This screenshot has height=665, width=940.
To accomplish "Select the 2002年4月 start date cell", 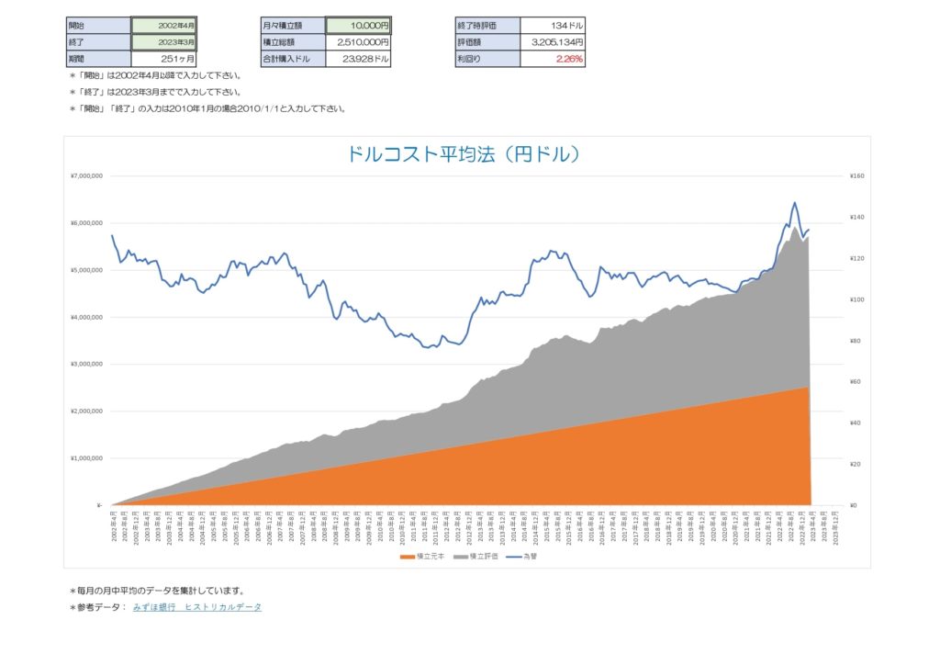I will click(163, 25).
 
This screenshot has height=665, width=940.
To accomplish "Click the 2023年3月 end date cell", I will click(163, 42).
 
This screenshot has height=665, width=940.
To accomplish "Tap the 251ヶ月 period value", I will click(163, 59).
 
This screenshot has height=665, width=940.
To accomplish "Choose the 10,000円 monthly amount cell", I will click(358, 25).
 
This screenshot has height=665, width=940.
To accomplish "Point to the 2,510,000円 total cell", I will click(358, 42).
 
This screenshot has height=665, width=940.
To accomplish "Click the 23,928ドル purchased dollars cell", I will click(358, 59).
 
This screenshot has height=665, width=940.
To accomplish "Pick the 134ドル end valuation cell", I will click(553, 25).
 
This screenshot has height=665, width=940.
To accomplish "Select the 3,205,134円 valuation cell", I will click(553, 42).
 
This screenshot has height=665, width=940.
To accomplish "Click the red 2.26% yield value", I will click(553, 59).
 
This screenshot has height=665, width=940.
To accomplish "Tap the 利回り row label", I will click(487, 59).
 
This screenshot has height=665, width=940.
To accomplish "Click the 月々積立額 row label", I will click(293, 25).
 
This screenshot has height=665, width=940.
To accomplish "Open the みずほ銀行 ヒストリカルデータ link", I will click(197, 607).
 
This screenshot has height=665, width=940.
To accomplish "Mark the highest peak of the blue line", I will click(794, 203).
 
